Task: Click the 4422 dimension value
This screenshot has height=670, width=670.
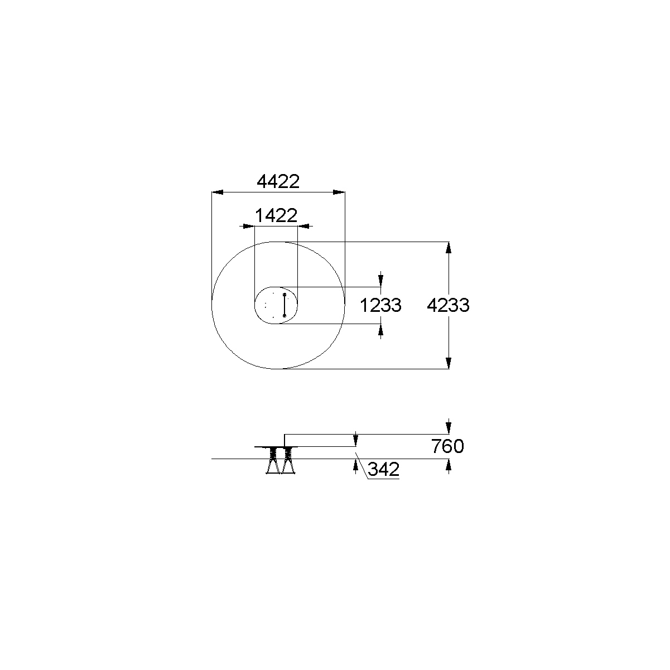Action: point(278,181)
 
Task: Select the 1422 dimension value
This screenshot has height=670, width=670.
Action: point(276,215)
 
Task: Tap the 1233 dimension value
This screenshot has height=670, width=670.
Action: point(380,306)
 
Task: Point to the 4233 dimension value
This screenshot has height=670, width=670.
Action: point(448,305)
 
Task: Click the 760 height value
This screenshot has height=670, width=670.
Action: point(447,446)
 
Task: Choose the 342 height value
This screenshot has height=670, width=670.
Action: point(383,469)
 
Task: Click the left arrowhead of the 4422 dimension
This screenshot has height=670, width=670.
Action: point(218,192)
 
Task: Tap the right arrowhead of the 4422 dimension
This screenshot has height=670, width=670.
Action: point(339,192)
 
